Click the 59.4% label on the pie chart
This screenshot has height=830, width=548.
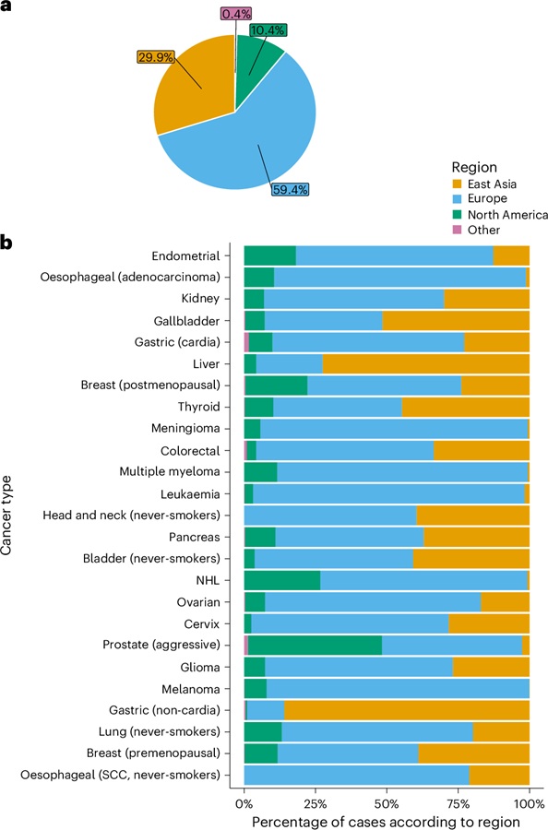(x=291, y=189)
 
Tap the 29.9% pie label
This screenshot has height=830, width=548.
(x=156, y=56)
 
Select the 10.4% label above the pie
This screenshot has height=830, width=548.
(x=268, y=30)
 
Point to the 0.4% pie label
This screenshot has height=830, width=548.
(x=236, y=14)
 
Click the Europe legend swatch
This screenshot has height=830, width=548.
(x=458, y=198)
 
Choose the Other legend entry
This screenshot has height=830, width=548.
(x=476, y=230)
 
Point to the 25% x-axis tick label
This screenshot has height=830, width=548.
(x=315, y=803)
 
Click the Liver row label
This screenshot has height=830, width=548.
(x=206, y=364)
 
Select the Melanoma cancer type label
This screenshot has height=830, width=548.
(x=191, y=689)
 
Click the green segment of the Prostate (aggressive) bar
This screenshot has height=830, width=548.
(x=315, y=646)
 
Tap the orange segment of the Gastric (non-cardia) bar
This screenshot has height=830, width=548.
(x=407, y=710)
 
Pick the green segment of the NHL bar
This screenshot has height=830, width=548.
(x=282, y=580)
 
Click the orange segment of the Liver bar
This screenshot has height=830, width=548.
(x=425, y=364)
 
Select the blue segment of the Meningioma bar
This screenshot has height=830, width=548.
(x=394, y=428)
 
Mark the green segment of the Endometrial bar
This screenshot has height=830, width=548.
(x=270, y=255)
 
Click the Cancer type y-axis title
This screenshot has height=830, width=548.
(x=6, y=516)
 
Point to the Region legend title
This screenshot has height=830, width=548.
(x=474, y=167)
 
